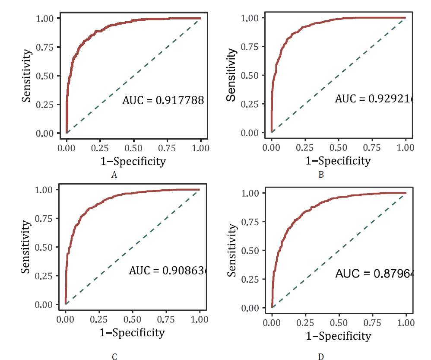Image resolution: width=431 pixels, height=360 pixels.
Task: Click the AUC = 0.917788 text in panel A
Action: (x=163, y=101)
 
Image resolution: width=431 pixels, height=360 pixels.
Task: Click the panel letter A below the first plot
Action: (x=114, y=175)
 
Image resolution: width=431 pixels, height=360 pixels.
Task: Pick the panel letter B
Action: (x=321, y=175)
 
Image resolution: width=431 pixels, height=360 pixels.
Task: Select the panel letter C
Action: (x=114, y=357)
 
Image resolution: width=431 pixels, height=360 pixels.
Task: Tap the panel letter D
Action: (x=320, y=357)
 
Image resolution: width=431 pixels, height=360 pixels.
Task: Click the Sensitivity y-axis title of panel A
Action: (x=27, y=76)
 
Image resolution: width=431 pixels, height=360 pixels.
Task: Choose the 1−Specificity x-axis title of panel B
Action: (x=338, y=161)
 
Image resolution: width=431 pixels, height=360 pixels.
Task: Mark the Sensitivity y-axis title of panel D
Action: (x=232, y=250)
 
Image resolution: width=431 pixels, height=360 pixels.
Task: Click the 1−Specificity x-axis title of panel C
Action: (x=133, y=333)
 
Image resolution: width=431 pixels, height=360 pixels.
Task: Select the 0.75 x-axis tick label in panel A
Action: (x=167, y=148)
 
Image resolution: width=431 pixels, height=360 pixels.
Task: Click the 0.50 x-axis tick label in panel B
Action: (x=338, y=148)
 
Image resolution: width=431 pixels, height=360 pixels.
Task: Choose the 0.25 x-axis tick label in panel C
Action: (x=99, y=320)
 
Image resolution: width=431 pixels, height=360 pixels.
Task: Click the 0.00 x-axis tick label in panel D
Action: (x=272, y=323)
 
